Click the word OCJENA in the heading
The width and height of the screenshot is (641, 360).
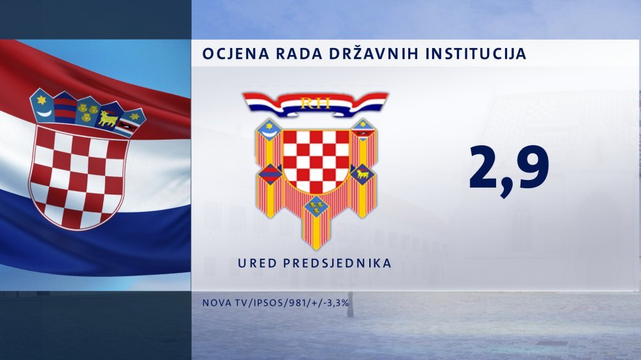(235, 54)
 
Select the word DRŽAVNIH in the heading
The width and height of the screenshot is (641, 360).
(376, 53)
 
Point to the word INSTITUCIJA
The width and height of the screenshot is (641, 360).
(476, 54)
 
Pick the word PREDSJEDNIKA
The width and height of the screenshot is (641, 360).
(337, 263)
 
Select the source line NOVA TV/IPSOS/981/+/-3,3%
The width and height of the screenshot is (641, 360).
(276, 303)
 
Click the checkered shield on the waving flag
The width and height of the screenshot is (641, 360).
(78, 176)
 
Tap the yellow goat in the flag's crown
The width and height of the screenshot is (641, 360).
(108, 118)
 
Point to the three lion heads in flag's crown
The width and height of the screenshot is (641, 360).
(87, 112)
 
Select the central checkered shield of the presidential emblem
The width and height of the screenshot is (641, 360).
(316, 161)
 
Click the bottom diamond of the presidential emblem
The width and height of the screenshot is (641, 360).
(315, 206)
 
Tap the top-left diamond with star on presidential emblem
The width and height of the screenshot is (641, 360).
(269, 129)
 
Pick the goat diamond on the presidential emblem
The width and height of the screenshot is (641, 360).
(363, 174)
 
